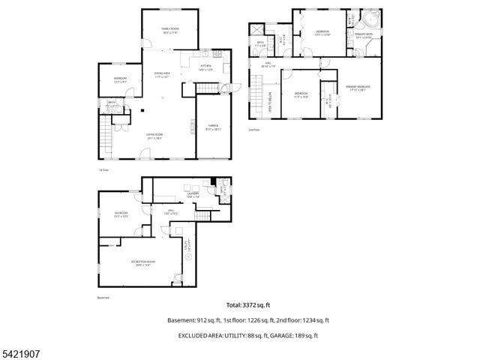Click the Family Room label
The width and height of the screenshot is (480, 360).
point(169,29)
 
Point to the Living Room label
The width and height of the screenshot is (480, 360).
point(155,135)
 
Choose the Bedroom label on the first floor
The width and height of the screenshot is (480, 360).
point(120,79)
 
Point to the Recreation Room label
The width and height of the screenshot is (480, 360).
point(141,262)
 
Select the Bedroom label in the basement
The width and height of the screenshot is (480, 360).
point(121,213)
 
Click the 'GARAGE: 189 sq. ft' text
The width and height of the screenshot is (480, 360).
point(294,335)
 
